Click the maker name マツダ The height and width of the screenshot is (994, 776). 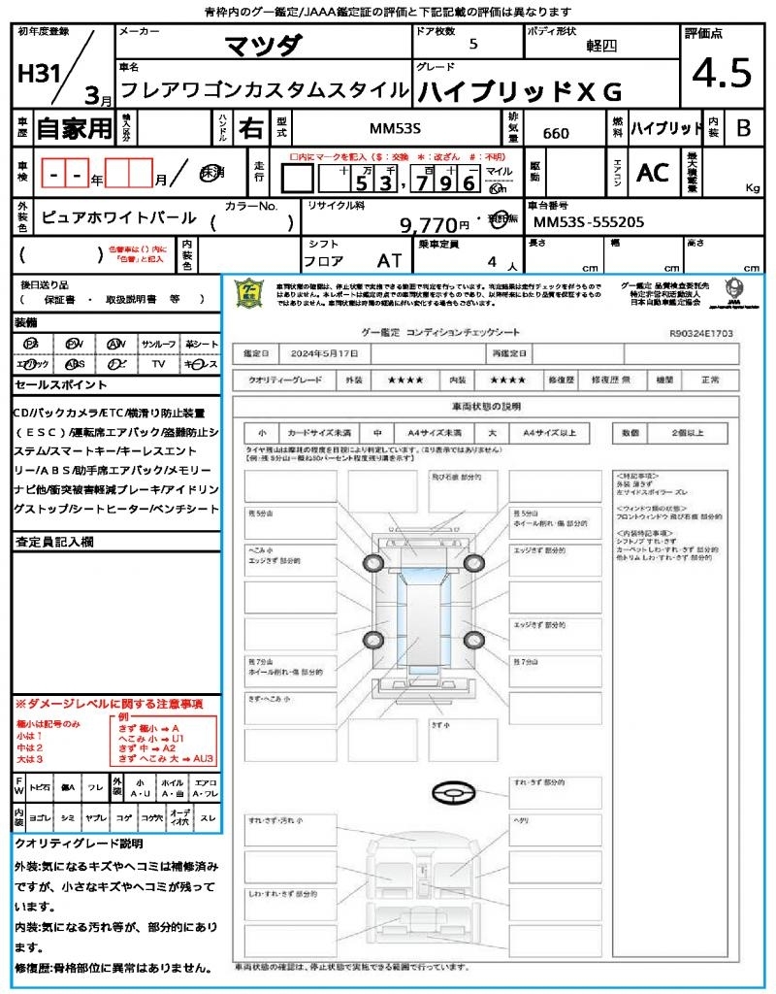point(264,45)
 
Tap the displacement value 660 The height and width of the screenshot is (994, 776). point(556,133)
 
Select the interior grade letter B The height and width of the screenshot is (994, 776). point(743,127)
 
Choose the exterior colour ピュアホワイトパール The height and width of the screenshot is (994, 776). point(118,218)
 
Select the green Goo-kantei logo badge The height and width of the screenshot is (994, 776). point(250,292)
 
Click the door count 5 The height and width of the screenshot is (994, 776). point(472,45)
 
